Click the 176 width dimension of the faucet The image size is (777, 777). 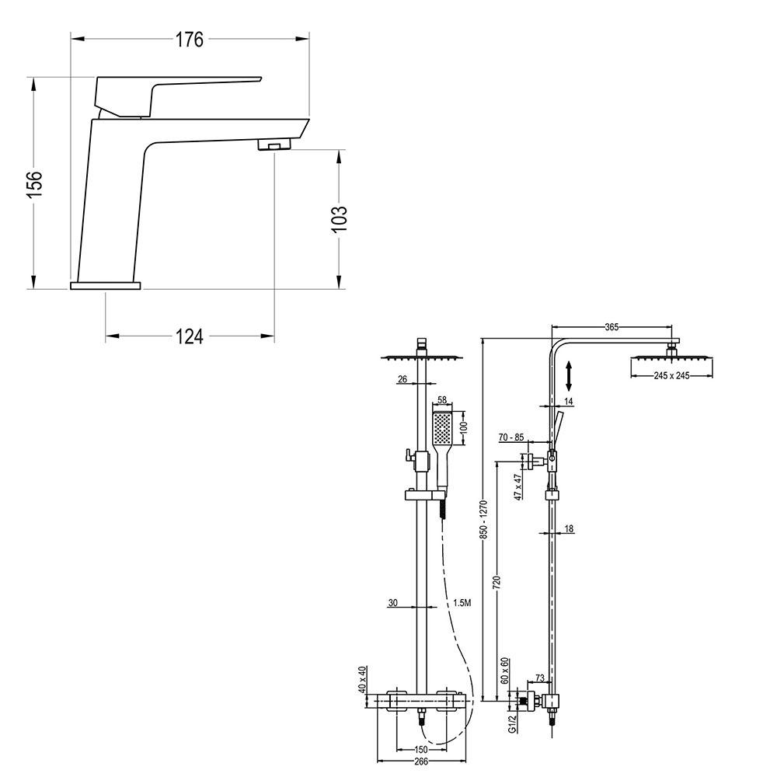[x=189, y=40]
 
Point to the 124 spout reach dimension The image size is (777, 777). [x=189, y=336]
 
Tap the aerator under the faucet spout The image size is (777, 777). [x=271, y=145]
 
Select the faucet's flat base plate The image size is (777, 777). [x=106, y=286]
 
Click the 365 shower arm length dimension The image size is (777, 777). [x=613, y=327]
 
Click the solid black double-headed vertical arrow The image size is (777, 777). [x=570, y=376]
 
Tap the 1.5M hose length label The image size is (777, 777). [x=461, y=602]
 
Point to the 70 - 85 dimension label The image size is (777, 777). [x=510, y=437]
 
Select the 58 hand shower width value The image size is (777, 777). [x=442, y=401]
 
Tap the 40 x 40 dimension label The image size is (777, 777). [x=361, y=679]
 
